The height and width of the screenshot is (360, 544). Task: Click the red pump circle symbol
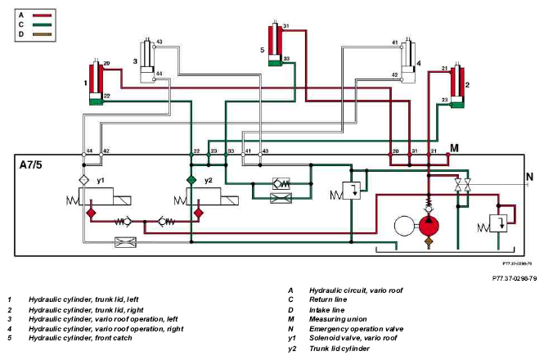coord(429,226)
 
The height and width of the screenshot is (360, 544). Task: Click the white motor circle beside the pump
coord(404,226)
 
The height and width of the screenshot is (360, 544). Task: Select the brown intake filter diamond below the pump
coord(429,241)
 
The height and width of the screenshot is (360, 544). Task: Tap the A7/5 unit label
coord(30,164)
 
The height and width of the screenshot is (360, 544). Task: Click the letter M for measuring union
coord(454,148)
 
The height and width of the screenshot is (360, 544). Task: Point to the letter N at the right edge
coord(529,177)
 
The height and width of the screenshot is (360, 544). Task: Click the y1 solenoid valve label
coord(101,181)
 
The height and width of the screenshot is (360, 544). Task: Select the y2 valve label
coord(208,181)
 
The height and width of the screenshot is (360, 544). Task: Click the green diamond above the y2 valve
coord(191,180)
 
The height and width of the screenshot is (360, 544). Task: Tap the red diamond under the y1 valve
coord(91,213)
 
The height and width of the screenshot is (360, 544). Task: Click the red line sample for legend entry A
coord(42,16)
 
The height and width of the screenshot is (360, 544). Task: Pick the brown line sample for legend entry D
coord(42,34)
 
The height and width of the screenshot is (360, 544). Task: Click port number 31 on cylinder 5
coord(286,26)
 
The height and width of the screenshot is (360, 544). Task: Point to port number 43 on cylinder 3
coord(160,42)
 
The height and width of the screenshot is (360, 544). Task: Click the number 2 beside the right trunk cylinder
coord(467,85)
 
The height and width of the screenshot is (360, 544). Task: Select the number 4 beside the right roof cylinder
coord(419,63)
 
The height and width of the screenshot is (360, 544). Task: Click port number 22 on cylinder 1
coord(107,96)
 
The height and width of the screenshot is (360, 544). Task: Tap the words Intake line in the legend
coord(327,310)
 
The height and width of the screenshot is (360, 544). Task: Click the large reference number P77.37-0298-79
coord(515,278)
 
